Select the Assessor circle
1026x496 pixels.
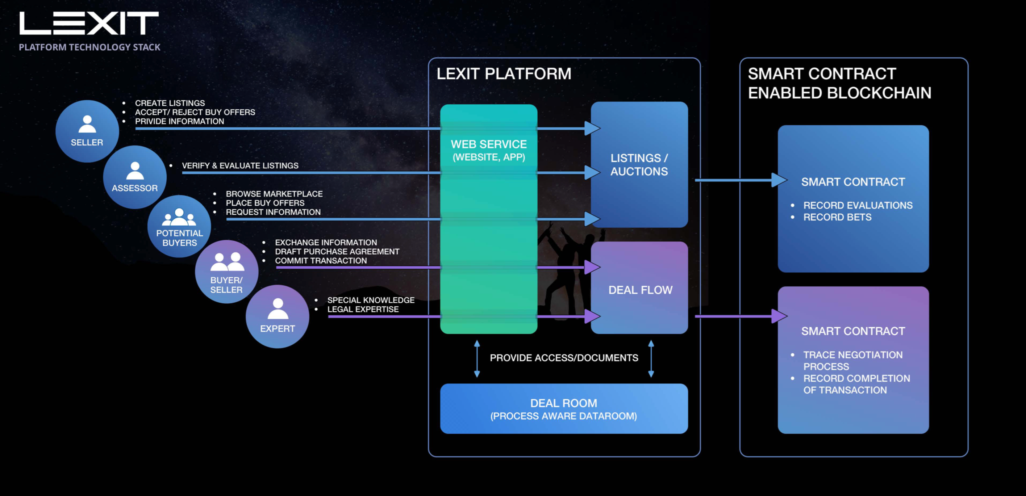[x=135, y=177]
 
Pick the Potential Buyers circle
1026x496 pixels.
[x=179, y=226]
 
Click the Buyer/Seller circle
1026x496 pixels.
[x=226, y=272]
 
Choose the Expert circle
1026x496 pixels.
[x=277, y=316]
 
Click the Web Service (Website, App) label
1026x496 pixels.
[x=489, y=150]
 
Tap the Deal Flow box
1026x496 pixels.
[x=640, y=290]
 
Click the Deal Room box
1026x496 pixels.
[x=564, y=409]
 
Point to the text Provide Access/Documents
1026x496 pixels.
[x=564, y=358]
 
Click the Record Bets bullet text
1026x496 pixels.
[x=837, y=217]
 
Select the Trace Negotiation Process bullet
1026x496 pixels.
[x=852, y=360]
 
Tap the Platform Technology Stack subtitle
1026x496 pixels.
[x=89, y=47]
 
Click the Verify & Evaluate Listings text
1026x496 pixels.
[x=240, y=165]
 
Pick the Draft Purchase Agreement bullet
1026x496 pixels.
[x=337, y=252]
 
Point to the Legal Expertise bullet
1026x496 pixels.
[x=363, y=309]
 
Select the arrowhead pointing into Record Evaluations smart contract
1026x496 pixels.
[x=779, y=180]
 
